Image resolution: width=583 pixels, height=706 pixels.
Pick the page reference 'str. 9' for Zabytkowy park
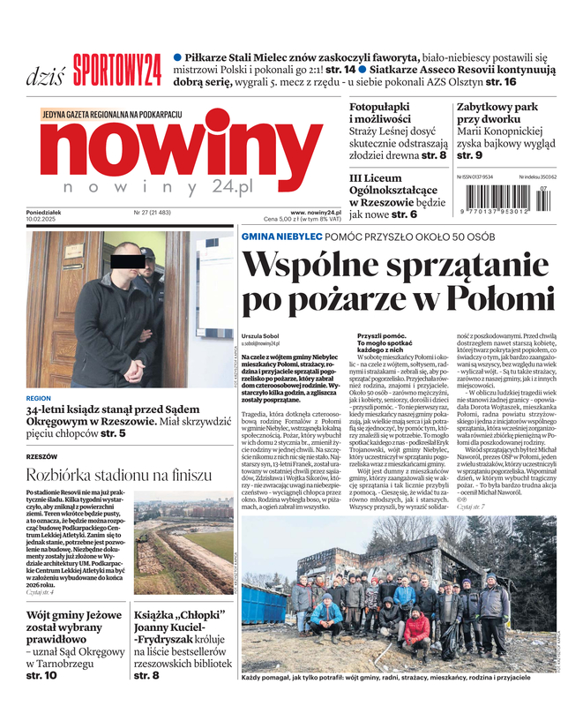468,156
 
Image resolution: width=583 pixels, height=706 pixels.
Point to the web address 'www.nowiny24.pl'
315,213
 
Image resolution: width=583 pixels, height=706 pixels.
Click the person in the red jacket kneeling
415,627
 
